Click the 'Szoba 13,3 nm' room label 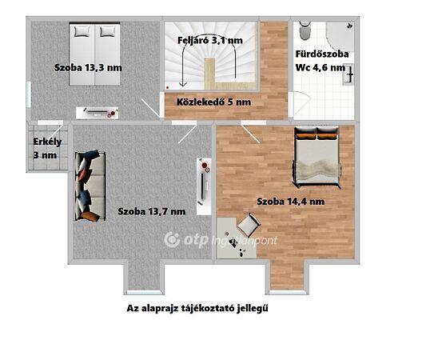click(88, 68)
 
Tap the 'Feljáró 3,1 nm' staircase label click(210, 40)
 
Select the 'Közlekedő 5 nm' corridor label click(213, 102)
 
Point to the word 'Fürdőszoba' click(322, 54)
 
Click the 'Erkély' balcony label click(47, 142)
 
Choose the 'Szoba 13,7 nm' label click(152, 211)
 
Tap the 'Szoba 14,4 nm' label click(291, 202)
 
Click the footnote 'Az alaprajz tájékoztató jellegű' click(197, 308)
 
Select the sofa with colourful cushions click(90, 186)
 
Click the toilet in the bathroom click(305, 30)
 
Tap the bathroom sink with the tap click(348, 74)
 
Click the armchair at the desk click(249, 225)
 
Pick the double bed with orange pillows click(317, 157)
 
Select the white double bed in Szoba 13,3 click(94, 54)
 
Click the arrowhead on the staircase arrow click(183, 84)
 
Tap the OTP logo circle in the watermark click(172, 240)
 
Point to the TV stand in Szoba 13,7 click(204, 186)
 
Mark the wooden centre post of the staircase click(209, 74)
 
